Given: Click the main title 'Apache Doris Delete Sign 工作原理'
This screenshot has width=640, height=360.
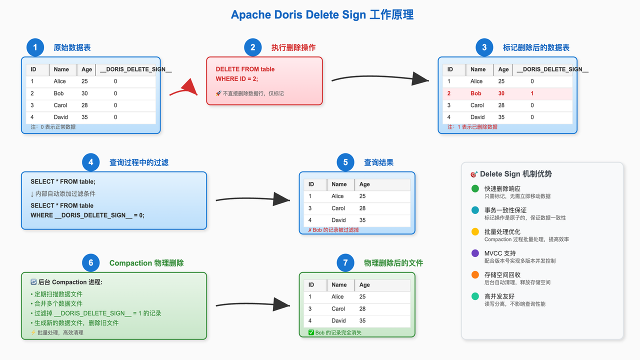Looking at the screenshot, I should pos(322,15).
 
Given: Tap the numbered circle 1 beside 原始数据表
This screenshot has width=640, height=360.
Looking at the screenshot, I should pos(35,47).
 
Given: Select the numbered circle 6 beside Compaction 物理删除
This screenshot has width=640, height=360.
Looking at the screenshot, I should pos(90,263).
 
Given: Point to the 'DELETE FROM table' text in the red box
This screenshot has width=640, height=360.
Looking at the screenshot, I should pos(245,69).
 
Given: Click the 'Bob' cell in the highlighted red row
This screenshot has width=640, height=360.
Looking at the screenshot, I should pos(475,93).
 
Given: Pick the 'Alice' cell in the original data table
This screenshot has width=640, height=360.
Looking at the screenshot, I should pos(59,81).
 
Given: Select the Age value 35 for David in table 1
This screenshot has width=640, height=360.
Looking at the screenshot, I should pos(84,117).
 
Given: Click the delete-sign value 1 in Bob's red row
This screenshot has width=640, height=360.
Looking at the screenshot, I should pos(532,93).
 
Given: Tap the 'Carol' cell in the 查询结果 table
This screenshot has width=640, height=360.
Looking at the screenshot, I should pos(338,208).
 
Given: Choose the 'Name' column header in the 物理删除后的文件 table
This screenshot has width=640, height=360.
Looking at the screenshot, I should pos(339,285).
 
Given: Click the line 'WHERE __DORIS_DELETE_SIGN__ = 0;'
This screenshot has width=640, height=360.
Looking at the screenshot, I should pos(87,215).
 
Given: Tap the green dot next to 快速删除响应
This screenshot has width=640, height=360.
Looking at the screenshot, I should pos(475,188).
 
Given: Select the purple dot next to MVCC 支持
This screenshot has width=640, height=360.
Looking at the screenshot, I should pos(475,253).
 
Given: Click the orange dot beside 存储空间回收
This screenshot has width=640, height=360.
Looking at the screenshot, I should pos(475,274).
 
